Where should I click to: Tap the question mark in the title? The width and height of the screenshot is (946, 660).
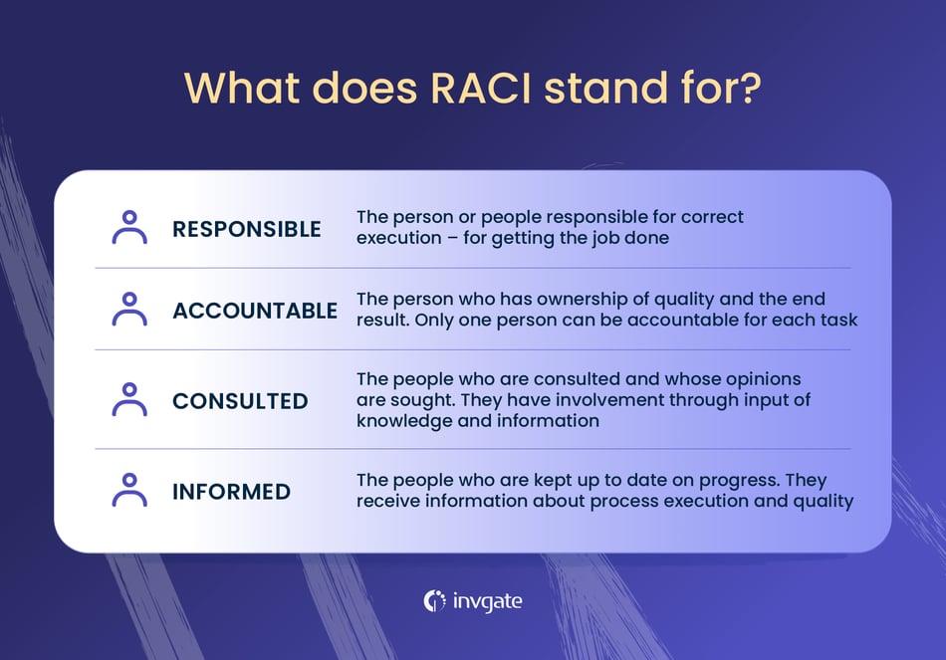coord(749,88)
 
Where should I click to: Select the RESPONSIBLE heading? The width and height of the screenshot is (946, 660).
coord(247,229)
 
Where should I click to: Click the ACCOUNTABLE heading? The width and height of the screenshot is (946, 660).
coord(255,311)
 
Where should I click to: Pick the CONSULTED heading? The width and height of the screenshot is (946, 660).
coord(240,401)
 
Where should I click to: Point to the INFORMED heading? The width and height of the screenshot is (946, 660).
coord(231,492)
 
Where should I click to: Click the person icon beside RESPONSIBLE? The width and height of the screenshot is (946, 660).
coord(129,228)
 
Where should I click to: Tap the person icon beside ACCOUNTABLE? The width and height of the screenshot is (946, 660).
coord(129,310)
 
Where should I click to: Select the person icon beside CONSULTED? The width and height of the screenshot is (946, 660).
coord(129,400)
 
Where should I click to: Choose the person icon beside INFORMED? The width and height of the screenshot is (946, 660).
coord(129,491)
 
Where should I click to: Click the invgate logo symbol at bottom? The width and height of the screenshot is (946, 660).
coord(434,601)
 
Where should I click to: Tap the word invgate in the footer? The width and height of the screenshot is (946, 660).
coord(487,601)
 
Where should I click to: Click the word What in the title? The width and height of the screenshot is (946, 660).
coord(239,88)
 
